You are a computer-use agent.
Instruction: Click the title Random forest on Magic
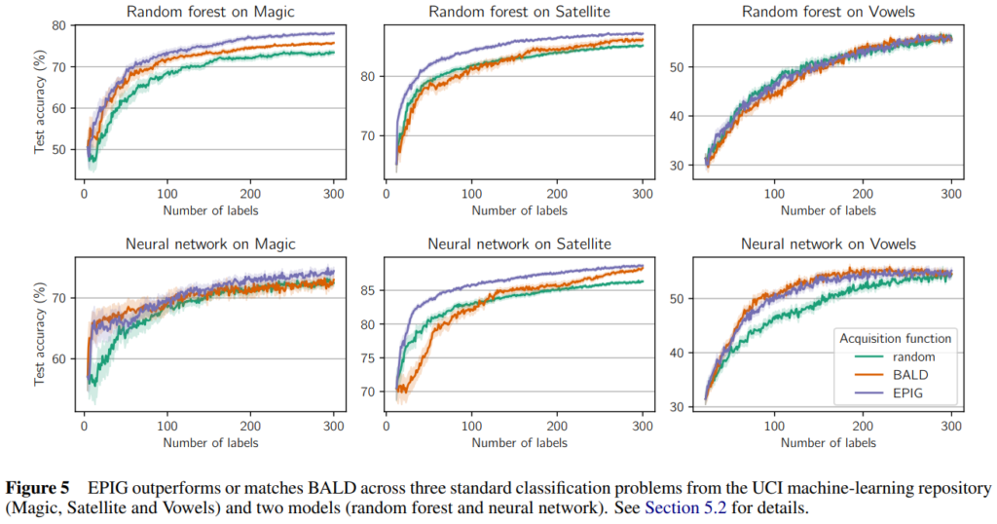click(211, 12)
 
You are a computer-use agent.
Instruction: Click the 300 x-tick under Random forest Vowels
click(949, 195)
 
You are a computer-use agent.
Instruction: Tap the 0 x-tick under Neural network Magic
click(85, 428)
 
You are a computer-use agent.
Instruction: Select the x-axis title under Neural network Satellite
click(514, 444)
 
